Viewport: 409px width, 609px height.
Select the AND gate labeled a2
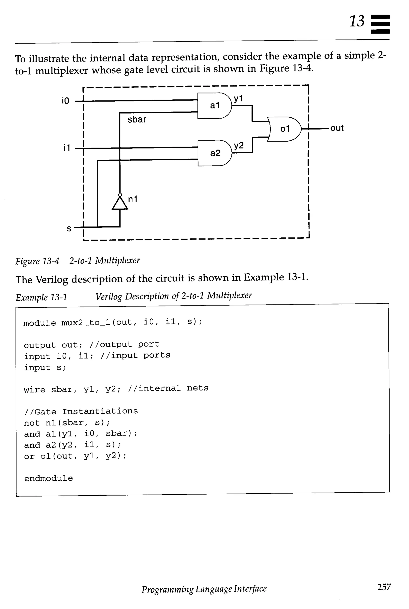[215, 153]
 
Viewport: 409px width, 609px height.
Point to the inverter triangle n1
[120, 203]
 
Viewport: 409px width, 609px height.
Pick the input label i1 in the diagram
[67, 148]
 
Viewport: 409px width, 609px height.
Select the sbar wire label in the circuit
[137, 119]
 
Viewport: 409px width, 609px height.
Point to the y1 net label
[238, 99]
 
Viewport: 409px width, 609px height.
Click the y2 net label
[238, 146]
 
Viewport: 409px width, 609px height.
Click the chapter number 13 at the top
[356, 21]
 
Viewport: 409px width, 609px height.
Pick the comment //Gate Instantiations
[81, 411]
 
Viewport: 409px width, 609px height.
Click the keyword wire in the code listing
[34, 389]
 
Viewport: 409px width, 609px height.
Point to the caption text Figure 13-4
[37, 261]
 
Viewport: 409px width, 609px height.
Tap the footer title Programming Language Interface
[204, 589]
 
